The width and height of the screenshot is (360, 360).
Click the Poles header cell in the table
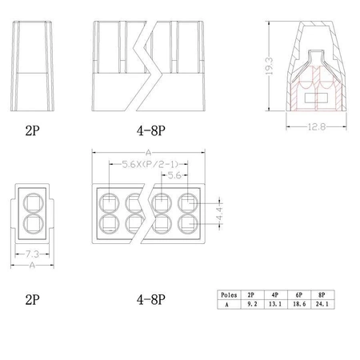pos(228,294)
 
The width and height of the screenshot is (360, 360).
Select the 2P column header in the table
pos(251,294)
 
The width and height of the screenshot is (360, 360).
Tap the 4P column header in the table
pos(276,294)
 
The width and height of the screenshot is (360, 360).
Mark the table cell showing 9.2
pos(251,304)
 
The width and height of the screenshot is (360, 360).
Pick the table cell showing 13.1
pos(276,304)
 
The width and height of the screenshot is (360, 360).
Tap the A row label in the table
pos(228,304)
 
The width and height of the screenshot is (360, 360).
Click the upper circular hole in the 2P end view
pos(32,201)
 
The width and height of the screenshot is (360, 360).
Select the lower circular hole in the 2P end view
pos(32,222)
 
